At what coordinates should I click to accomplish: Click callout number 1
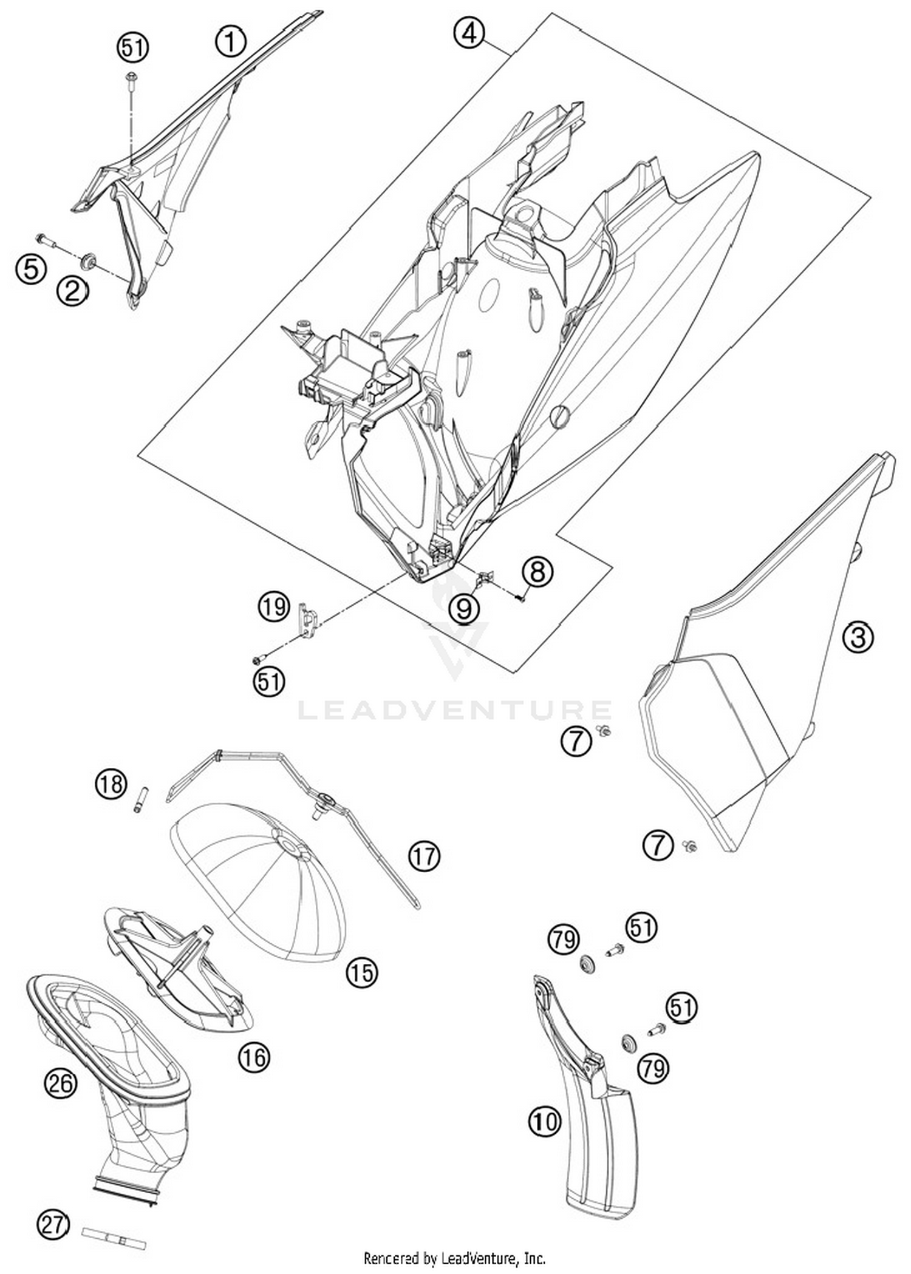pos(230,42)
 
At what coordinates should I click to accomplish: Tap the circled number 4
pos(469,33)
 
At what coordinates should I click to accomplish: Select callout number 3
pos(858,637)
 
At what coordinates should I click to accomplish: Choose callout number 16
pos(254,1057)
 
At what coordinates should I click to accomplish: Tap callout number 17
pos(424,856)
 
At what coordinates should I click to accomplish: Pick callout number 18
pos(111,784)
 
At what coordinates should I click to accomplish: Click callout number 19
pos(273,606)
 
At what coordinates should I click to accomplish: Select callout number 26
pos(61,1083)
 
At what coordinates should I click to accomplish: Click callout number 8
pos(537,572)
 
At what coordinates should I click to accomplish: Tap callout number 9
pos(464,608)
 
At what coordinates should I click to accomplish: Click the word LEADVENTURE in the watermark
pos(454,710)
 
